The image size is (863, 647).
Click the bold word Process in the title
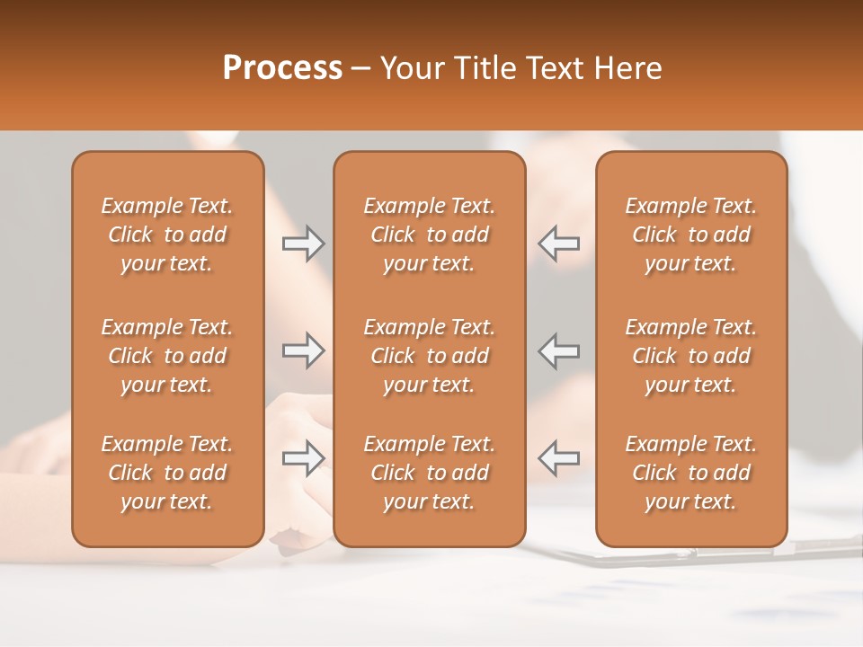[x=282, y=67]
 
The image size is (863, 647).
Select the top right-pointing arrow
[x=303, y=244]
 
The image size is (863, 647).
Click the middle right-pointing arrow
[x=303, y=350]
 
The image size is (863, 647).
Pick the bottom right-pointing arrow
[x=303, y=458]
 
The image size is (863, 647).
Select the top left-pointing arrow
[x=559, y=244]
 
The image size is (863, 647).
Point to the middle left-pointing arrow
[x=559, y=350]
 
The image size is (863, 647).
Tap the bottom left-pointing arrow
[x=559, y=458]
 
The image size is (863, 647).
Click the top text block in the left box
[x=167, y=235]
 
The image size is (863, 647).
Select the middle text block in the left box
[x=167, y=356]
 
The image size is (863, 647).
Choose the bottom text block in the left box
[x=167, y=473]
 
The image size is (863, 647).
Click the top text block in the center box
[x=429, y=235]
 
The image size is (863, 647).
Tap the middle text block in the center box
[x=429, y=356]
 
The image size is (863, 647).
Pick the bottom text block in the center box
[x=429, y=473]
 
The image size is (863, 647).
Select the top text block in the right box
[x=690, y=235]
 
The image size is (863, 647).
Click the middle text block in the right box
[x=690, y=356]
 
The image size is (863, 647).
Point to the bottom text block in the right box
[x=690, y=473]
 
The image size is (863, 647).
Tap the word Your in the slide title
[x=410, y=67]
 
